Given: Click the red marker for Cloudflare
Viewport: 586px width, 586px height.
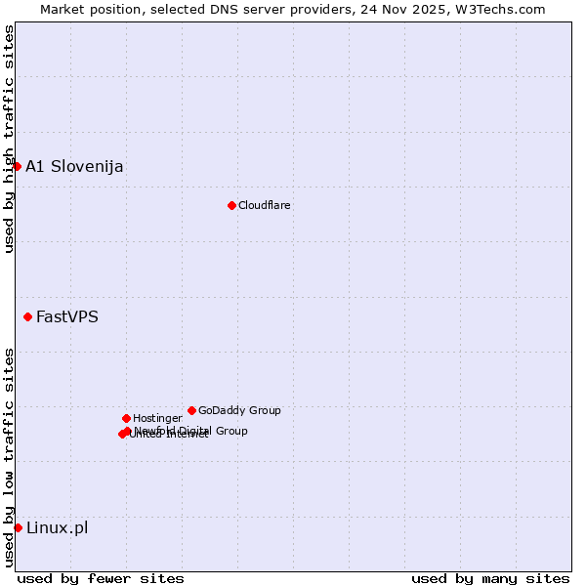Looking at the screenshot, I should pos(231,205).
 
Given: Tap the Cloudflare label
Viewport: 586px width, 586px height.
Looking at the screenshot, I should pos(264,205).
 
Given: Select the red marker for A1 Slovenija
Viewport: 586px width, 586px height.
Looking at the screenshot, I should pos(17,166).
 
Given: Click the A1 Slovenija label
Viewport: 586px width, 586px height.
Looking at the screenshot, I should pos(74,166).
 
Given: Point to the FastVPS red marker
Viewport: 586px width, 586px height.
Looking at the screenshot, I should pos(27,316).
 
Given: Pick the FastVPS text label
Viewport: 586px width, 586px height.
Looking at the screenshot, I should pos(67,316).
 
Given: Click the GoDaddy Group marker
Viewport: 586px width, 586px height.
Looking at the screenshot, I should pos(191,410).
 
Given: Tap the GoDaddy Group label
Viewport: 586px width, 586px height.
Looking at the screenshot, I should pos(239,410).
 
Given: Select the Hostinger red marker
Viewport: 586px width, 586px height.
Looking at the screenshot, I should pos(126,418).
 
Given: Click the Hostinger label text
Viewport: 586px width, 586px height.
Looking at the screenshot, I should pos(157,418).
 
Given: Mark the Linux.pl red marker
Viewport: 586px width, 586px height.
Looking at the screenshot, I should pos(18,527).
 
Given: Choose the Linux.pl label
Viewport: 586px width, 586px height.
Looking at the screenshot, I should pos(57,527).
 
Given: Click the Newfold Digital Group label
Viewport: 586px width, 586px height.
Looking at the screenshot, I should pos(191,430).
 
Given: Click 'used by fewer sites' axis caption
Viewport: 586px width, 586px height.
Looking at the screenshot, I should pos(100,578).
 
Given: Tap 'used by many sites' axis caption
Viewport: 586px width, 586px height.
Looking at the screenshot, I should pos(490,578).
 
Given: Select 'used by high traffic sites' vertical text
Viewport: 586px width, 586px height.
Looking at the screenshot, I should pos(9,139).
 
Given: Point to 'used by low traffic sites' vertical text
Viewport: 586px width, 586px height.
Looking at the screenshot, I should pos(9,456).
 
